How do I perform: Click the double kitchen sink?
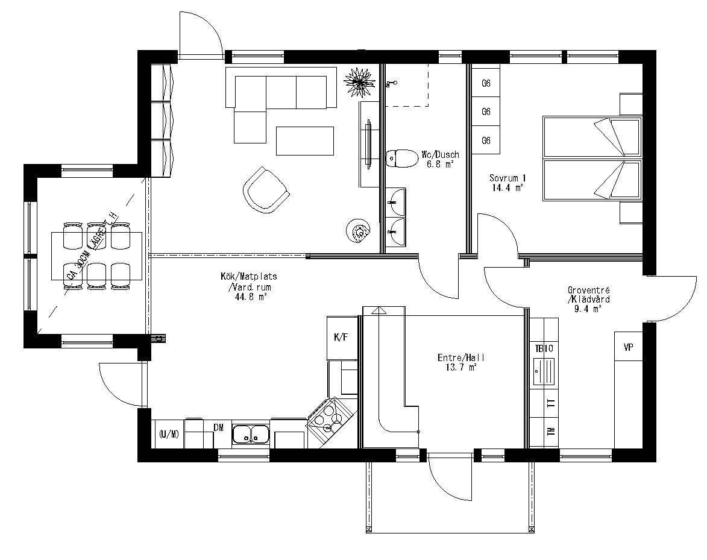(x=251, y=433)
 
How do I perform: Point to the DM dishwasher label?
(x=219, y=427)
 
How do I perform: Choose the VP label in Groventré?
(x=628, y=348)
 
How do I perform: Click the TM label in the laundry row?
(x=551, y=432)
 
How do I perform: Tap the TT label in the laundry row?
(x=551, y=404)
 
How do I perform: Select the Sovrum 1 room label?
(x=507, y=178)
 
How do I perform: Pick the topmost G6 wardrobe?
(x=486, y=84)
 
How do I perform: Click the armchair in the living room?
(x=266, y=190)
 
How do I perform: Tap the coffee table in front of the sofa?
(x=305, y=140)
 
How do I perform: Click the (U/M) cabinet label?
(x=169, y=435)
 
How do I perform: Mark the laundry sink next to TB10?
(x=544, y=370)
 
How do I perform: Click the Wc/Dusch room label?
(x=440, y=155)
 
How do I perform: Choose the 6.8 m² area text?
(x=440, y=163)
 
